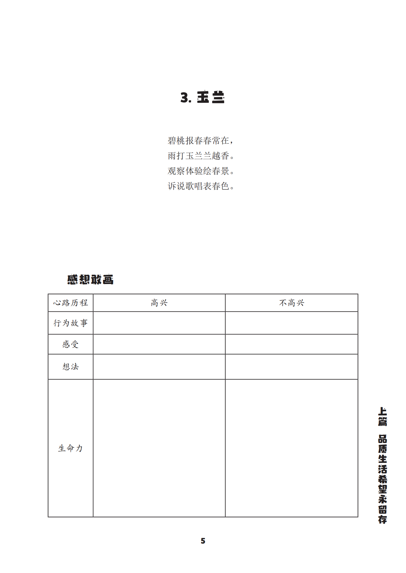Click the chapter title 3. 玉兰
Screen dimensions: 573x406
pyautogui.click(x=202, y=97)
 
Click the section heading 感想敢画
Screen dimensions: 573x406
pyautogui.click(x=90, y=280)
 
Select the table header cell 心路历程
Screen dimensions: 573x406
pyautogui.click(x=71, y=303)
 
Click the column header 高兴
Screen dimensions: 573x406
pyautogui.click(x=159, y=303)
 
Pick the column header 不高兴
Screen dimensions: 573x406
pyautogui.click(x=291, y=303)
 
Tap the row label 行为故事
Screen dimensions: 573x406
pyautogui.click(x=71, y=323)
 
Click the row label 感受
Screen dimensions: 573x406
pyautogui.click(x=71, y=344)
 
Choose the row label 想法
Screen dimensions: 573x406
pyautogui.click(x=71, y=367)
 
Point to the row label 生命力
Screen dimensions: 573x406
pyautogui.click(x=71, y=448)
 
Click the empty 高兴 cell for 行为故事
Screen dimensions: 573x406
pyautogui.click(x=159, y=323)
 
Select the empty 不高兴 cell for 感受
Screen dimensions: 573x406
pyautogui.click(x=291, y=344)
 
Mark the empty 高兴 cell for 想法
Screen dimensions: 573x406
pyautogui.click(x=159, y=367)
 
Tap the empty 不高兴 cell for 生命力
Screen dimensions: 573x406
pyautogui.click(x=291, y=448)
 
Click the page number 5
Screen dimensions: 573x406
pyautogui.click(x=203, y=541)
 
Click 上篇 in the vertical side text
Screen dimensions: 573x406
pyautogui.click(x=382, y=417)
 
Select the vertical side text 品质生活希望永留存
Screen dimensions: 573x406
pyautogui.click(x=382, y=479)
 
